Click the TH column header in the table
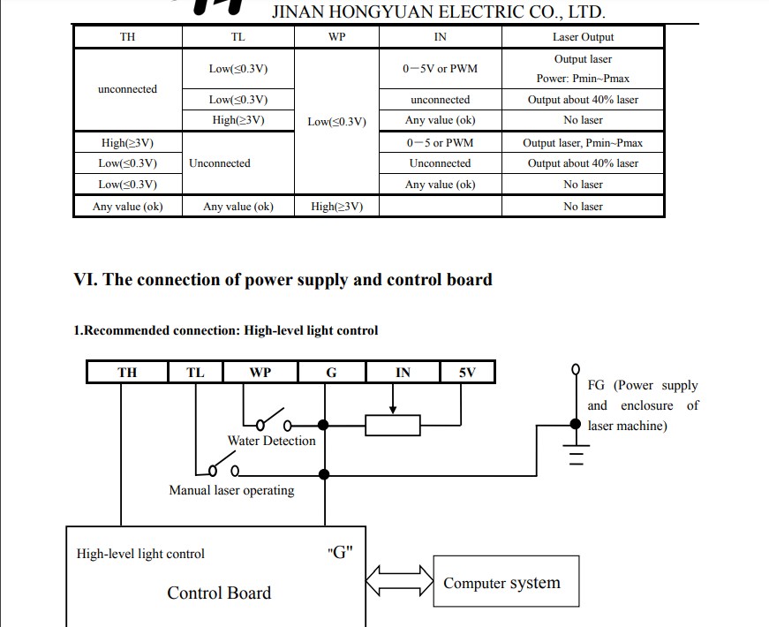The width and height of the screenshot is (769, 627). (x=128, y=37)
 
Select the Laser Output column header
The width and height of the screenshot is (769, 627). (x=583, y=37)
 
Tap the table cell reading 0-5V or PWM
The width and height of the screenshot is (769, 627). (x=440, y=69)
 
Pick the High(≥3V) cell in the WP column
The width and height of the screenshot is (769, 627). (x=336, y=207)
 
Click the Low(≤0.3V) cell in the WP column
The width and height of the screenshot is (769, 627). (x=336, y=122)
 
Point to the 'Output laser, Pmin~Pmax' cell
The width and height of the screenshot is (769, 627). (x=583, y=143)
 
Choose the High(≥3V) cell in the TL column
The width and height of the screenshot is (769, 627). (x=238, y=121)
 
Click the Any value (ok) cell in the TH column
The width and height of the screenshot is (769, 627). (x=128, y=207)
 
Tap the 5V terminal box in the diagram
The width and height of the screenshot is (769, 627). (x=467, y=372)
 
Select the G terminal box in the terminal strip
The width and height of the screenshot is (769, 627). (x=331, y=372)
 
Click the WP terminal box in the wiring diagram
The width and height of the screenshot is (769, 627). (x=260, y=372)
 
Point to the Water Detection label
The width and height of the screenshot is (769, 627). (x=271, y=441)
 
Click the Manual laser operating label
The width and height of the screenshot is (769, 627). (x=231, y=490)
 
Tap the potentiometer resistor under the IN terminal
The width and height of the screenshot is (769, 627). (x=393, y=426)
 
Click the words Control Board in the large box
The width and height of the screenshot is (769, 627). (x=219, y=593)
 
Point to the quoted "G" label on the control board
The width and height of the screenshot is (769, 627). (x=340, y=553)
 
